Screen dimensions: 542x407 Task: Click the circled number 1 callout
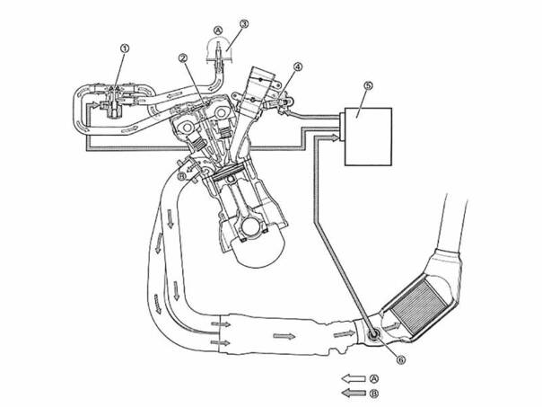125,49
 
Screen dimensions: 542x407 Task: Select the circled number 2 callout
183,58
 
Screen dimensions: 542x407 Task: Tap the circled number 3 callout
244,24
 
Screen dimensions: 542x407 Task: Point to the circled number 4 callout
298,66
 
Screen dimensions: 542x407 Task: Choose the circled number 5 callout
369,85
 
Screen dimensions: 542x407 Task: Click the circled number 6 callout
400,360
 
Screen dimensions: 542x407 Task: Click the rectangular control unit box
369,137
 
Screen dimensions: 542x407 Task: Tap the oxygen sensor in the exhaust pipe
373,335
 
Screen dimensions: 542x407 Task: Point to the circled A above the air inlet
217,31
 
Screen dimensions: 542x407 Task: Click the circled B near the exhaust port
181,176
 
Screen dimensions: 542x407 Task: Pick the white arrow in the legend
354,379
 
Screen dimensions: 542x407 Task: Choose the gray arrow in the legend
354,394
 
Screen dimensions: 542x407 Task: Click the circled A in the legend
374,378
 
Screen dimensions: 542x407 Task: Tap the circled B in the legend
374,394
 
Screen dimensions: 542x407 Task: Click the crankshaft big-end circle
253,227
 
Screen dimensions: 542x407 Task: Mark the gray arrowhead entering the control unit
335,137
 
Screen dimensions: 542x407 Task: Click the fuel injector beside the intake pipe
279,103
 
